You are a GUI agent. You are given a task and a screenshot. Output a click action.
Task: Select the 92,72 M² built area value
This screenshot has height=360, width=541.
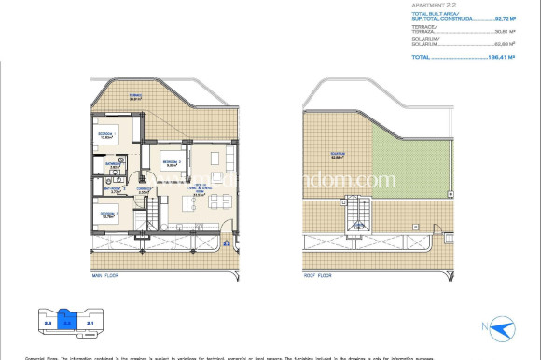pyautogui.click(x=511, y=18)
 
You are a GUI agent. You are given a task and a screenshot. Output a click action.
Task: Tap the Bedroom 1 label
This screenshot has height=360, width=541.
pyautogui.click(x=171, y=162)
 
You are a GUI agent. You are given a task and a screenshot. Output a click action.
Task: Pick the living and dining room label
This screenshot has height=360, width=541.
pyautogui.click(x=199, y=193)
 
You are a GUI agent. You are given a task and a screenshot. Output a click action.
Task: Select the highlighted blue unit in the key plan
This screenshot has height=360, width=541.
pyautogui.click(x=66, y=323)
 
